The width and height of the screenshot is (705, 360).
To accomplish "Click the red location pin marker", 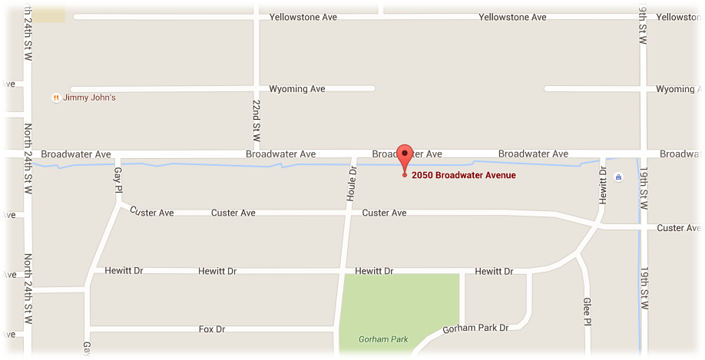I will tap(404, 154).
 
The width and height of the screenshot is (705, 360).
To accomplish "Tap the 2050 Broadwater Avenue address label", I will tap(463, 175).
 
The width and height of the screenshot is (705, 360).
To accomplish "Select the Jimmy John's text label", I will tap(89, 97).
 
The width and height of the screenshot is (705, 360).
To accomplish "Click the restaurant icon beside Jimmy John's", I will tap(55, 97).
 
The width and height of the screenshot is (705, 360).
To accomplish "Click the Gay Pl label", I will tap(118, 181).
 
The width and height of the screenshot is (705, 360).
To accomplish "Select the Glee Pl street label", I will tap(587, 312).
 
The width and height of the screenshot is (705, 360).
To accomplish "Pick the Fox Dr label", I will tap(212, 329).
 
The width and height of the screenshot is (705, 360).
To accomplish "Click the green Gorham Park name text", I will tap(383, 339).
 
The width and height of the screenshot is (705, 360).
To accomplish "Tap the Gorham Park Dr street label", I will tap(475, 328).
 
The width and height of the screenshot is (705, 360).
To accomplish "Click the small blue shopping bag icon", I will tap(619, 177).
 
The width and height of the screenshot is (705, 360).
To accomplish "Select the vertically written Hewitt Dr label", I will tap(603, 185).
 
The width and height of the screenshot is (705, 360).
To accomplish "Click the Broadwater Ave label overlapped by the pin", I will tap(407, 154).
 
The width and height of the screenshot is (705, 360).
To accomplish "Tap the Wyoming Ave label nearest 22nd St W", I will tap(297, 89).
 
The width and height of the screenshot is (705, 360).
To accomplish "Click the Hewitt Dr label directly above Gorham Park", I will tap(374, 271).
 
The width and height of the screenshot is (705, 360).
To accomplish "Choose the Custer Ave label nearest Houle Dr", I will tap(384, 213).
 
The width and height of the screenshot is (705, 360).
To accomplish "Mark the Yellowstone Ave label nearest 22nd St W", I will tap(304, 17).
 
